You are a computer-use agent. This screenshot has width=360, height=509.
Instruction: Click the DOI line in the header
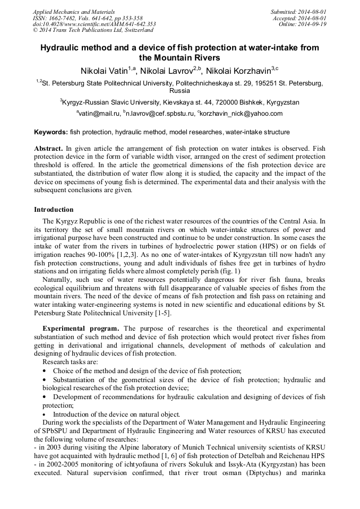94,24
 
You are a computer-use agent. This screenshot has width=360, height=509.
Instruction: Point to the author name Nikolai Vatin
104,71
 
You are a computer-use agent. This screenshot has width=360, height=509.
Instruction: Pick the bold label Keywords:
51,132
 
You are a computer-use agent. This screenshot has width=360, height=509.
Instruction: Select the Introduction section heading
54,210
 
